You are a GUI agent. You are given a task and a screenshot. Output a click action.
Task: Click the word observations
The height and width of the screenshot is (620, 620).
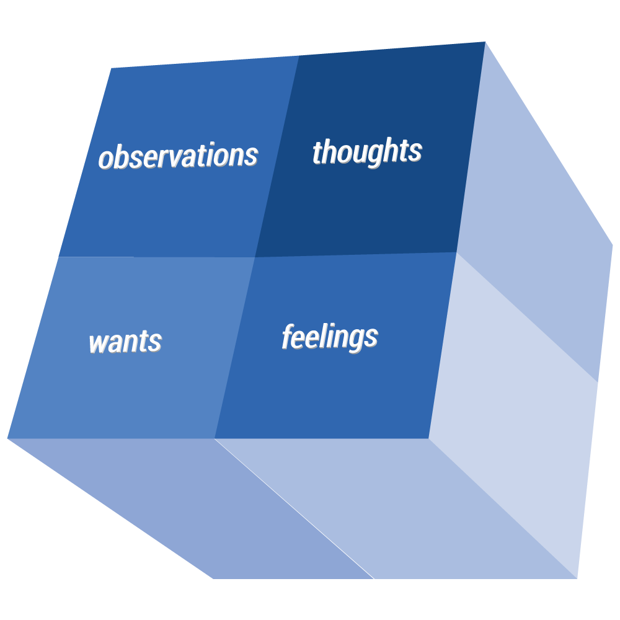point(179,156)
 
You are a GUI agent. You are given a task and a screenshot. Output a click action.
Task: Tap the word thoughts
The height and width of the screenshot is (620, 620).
point(367,151)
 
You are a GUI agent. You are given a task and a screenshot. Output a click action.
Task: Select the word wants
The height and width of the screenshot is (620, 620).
point(125,342)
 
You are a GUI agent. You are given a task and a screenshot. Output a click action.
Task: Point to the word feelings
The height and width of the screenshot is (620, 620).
point(330,337)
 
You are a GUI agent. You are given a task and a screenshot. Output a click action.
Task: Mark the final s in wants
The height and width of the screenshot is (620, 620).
point(156,342)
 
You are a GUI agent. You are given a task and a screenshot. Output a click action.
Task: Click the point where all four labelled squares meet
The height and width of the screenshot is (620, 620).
point(255,257)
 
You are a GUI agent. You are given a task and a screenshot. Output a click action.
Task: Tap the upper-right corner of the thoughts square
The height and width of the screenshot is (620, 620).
point(485,42)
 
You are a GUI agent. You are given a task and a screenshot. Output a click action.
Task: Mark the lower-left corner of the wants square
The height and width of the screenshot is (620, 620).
point(7,438)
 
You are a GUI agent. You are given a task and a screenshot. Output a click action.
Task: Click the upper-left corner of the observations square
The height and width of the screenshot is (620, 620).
point(111,68)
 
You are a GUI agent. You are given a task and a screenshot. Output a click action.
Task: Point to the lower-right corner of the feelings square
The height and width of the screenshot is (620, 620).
point(429,438)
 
